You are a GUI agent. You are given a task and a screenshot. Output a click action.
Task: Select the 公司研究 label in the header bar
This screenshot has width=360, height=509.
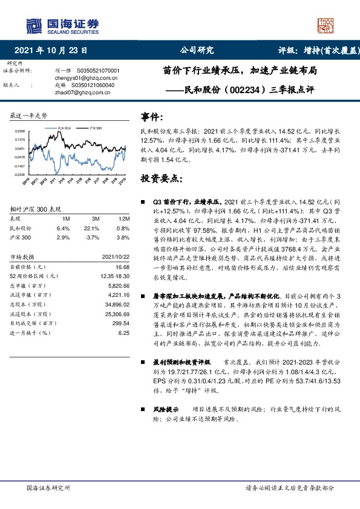point(197,51)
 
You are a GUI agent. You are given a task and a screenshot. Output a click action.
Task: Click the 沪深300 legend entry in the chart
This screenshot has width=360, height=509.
point(94,129)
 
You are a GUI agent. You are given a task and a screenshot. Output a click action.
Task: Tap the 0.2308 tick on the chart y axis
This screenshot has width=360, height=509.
point(20,131)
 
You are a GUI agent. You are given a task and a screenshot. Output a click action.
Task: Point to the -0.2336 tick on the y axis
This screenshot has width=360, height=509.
point(20,174)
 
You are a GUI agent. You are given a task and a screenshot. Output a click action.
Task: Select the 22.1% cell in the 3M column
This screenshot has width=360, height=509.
point(91,227)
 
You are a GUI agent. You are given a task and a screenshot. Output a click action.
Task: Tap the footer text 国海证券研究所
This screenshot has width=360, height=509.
point(49,487)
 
